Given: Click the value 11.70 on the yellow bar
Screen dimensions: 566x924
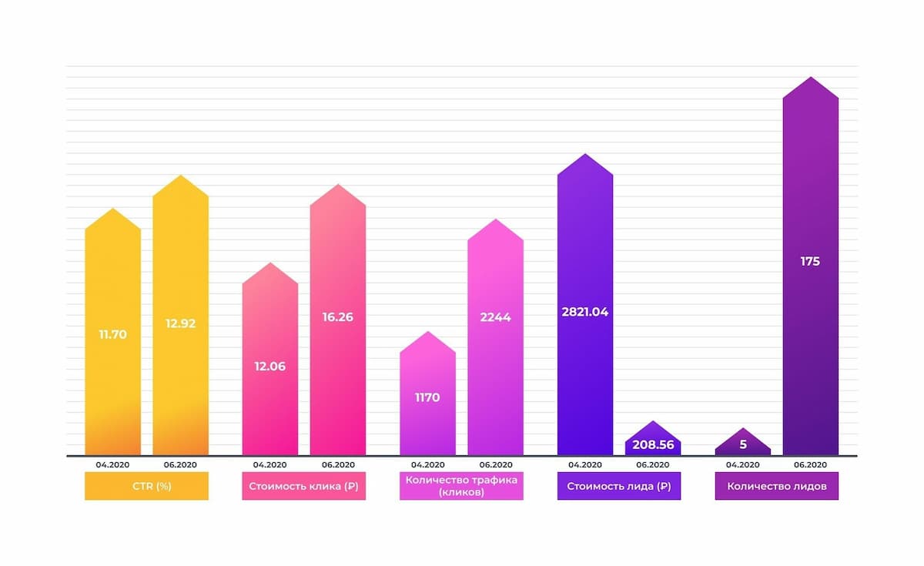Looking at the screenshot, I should click(x=112, y=335).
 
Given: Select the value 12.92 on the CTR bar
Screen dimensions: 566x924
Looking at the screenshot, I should click(x=180, y=323).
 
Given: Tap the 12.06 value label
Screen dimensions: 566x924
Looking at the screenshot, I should click(x=269, y=367).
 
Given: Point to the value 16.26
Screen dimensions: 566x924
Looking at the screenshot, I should click(x=337, y=316).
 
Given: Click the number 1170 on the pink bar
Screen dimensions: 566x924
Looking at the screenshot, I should click(x=427, y=398).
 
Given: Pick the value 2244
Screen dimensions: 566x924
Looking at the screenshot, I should click(x=495, y=316).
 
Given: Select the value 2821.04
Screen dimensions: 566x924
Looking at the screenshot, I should click(x=584, y=312).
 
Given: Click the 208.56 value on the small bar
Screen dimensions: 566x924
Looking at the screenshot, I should click(x=652, y=445).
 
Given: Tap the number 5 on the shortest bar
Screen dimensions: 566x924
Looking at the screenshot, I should click(x=742, y=444).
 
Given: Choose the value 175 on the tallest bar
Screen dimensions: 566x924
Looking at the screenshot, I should click(x=810, y=262).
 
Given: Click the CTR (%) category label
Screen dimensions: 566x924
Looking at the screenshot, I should click(x=146, y=486).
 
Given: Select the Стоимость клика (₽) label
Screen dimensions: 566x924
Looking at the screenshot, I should click(x=303, y=486).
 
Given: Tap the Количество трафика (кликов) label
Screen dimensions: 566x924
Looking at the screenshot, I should click(x=461, y=486).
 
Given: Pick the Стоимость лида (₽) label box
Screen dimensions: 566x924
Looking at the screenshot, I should click(x=618, y=486).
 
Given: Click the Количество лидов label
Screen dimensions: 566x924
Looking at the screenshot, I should click(x=776, y=486).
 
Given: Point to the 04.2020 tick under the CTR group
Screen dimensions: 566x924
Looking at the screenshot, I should click(x=112, y=464).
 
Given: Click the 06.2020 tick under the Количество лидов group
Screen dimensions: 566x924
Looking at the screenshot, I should click(x=810, y=464).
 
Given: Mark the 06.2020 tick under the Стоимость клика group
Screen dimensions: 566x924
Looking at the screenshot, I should click(x=337, y=464).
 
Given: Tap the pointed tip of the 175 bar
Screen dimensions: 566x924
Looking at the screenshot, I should click(x=810, y=79).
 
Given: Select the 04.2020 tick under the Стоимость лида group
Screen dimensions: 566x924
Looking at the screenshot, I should click(x=584, y=464).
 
